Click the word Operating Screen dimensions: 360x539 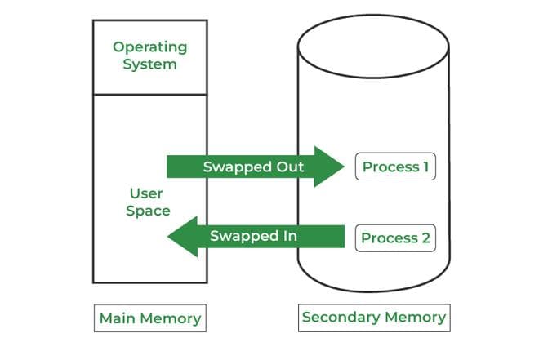pos(149,47)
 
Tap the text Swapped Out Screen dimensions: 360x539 pos(253,167)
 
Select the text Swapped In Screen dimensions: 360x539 pos(253,236)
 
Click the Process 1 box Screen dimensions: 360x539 pos(395,167)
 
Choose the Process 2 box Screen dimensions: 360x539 pos(395,238)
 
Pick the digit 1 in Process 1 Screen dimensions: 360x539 pos(425,167)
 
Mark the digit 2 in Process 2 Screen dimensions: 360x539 pos(425,238)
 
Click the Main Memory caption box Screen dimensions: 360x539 pos(149,318)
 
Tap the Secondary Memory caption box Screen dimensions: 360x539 pos(374,317)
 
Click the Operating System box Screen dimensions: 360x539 pos(149,55)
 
